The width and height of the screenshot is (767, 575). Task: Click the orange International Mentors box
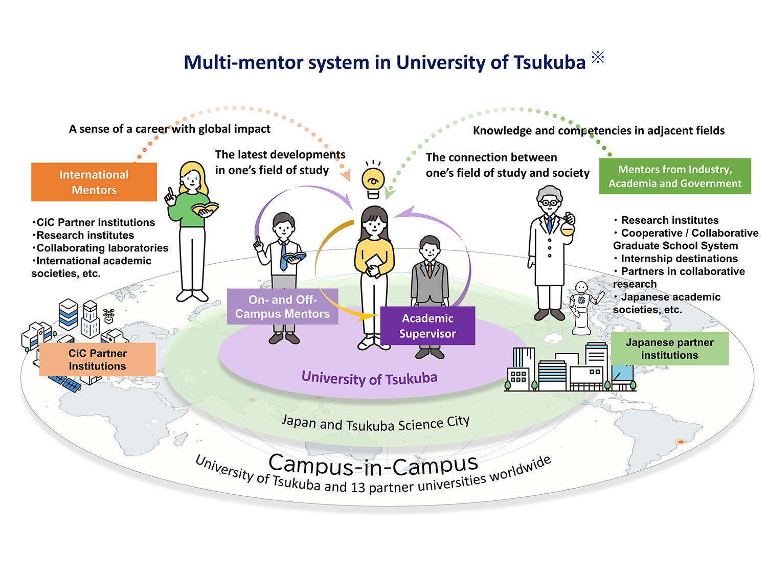[94, 182]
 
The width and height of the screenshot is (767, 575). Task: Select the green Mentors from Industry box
[675, 176]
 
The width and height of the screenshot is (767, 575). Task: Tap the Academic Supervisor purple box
[427, 326]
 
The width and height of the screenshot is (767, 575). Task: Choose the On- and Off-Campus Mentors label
[282, 307]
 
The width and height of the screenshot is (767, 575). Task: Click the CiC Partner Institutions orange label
[97, 360]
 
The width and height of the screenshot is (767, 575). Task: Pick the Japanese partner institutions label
[669, 349]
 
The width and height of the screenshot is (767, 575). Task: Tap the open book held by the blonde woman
[205, 209]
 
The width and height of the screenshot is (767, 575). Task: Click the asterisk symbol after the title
[598, 57]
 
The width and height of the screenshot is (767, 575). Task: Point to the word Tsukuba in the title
[549, 62]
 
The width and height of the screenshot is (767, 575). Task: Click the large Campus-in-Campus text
[373, 464]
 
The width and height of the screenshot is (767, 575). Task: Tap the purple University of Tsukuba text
[369, 378]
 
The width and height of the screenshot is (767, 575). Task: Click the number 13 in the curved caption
[357, 488]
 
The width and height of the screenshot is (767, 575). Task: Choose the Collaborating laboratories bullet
[102, 248]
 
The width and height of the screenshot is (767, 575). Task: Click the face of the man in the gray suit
[430, 250]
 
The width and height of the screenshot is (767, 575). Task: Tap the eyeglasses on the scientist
[549, 203]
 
